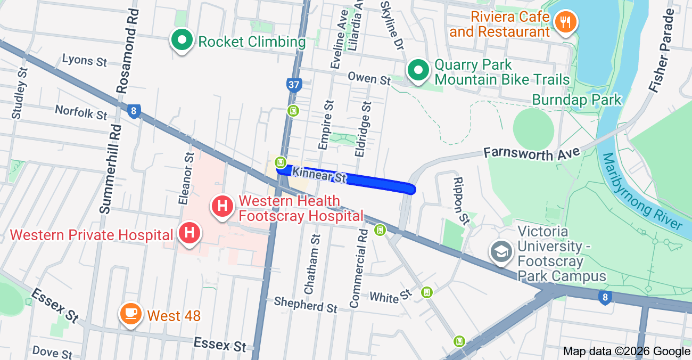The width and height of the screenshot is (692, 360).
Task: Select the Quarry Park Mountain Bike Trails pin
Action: [x=418, y=70]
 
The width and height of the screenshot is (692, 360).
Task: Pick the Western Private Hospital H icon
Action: [x=188, y=233]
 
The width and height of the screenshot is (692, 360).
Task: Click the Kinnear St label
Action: [x=319, y=175]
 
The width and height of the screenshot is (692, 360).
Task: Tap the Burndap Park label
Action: [x=576, y=100]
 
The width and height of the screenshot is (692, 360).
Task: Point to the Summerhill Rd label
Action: [x=109, y=168]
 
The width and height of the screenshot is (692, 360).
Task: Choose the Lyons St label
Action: [x=85, y=60]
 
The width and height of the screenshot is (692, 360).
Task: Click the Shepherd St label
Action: [x=306, y=305]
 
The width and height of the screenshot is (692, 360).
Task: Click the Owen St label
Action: [x=369, y=78]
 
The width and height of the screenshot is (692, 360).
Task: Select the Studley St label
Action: [x=19, y=93]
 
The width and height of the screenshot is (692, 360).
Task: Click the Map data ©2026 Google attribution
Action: [x=627, y=351]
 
